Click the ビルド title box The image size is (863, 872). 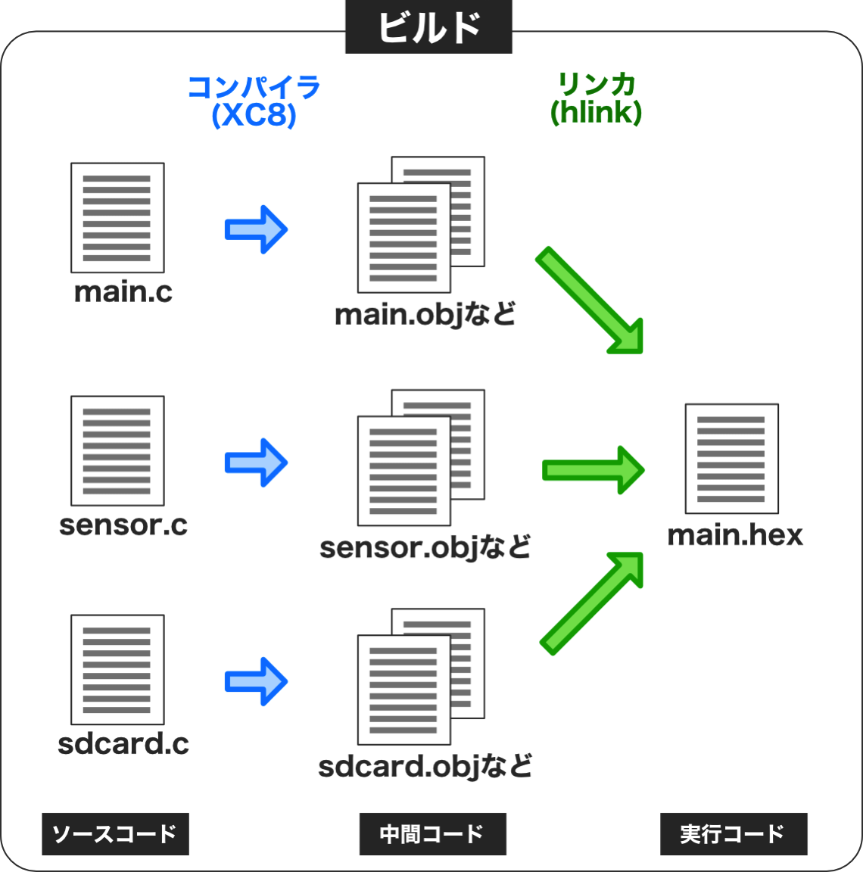pyautogui.click(x=428, y=27)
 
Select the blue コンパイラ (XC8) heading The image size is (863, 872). pyautogui.click(x=254, y=101)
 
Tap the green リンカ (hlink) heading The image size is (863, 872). pyautogui.click(x=596, y=98)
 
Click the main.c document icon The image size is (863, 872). pyautogui.click(x=117, y=217)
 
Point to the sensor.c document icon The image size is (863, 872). pyautogui.click(x=117, y=450)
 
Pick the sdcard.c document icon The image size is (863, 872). pyautogui.click(x=117, y=669)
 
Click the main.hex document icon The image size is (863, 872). pyautogui.click(x=731, y=458)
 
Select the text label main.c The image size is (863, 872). pyautogui.click(x=123, y=291)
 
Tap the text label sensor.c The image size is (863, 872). pyautogui.click(x=123, y=525)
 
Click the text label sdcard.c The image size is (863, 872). pyautogui.click(x=123, y=743)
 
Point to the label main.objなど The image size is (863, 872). pyautogui.click(x=425, y=314)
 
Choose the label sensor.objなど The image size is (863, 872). pyautogui.click(x=425, y=547)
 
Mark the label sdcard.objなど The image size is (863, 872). pyautogui.click(x=425, y=766)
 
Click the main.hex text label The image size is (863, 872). pyautogui.click(x=734, y=535)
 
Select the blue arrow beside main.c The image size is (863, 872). pyautogui.click(x=256, y=229)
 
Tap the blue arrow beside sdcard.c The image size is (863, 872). pyautogui.click(x=256, y=680)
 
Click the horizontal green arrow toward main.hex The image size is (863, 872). pyautogui.click(x=593, y=470)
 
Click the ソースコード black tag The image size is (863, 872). pyautogui.click(x=115, y=834)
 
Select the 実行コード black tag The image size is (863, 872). pyautogui.click(x=733, y=834)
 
